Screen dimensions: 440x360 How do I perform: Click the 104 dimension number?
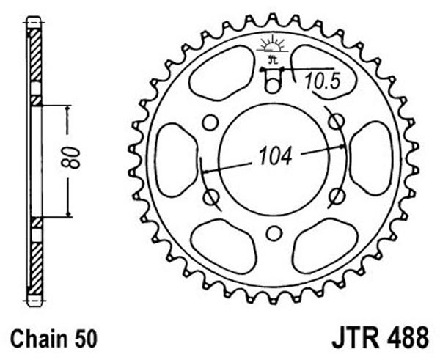pyautogui.click(x=275, y=156)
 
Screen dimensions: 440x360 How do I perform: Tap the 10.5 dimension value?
pyautogui.click(x=323, y=81)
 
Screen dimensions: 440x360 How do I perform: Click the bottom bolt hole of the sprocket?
pyautogui.click(x=274, y=233)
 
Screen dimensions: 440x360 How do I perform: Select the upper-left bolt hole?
pyautogui.click(x=210, y=122)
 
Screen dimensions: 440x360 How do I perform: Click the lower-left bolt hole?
pyautogui.click(x=210, y=197)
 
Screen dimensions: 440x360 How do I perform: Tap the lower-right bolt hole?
pyautogui.click(x=337, y=196)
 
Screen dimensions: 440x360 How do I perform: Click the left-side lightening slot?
pyautogui.click(x=176, y=160)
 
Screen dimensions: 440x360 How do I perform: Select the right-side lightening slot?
pyautogui.click(x=370, y=158)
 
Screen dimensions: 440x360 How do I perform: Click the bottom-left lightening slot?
pyautogui.click(x=224, y=246)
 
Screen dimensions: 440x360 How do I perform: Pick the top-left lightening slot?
pyautogui.click(x=222, y=73)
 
